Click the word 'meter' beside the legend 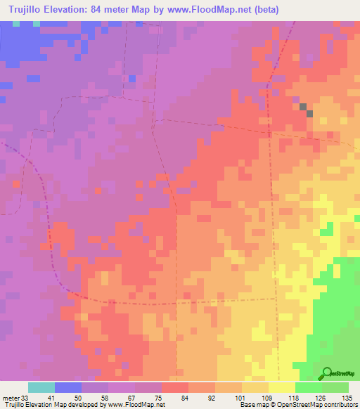pyautogui.click(x=9, y=396)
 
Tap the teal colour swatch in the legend pyautogui.click(x=41, y=387)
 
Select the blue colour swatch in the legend pyautogui.click(x=67, y=387)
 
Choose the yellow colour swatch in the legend pyautogui.click(x=281, y=387)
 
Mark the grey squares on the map pyautogui.click(x=306, y=110)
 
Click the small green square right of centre pyautogui.click(x=326, y=230)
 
